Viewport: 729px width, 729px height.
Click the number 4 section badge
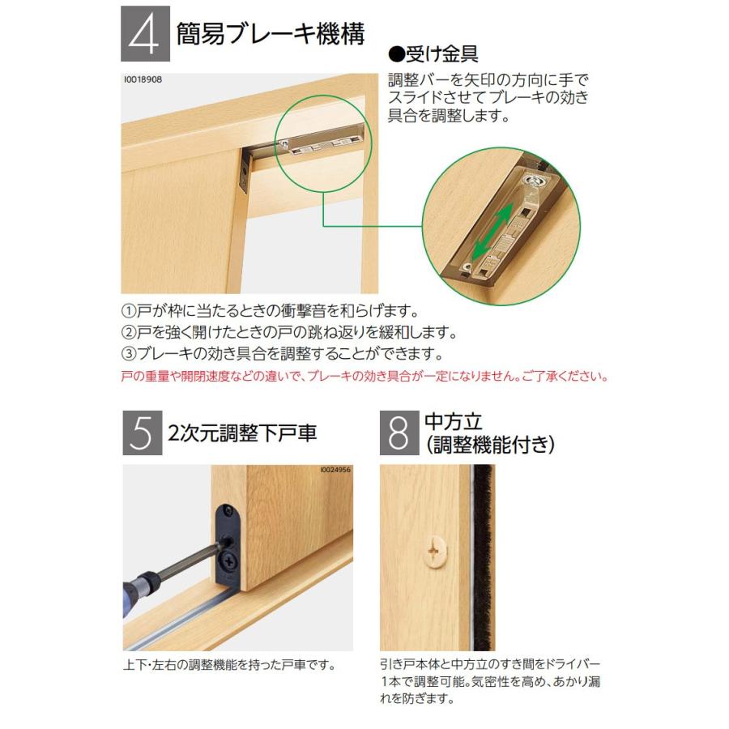[x=146, y=34]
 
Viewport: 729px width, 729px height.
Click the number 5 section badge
[x=139, y=433]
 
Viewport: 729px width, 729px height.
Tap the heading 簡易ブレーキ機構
[x=271, y=34]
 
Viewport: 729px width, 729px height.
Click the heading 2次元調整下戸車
[x=242, y=433]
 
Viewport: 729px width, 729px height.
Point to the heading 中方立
[x=454, y=421]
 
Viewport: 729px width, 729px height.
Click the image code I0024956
[x=335, y=470]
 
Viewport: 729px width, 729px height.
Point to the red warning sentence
[x=364, y=377]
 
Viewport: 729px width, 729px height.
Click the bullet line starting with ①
[x=269, y=312]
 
